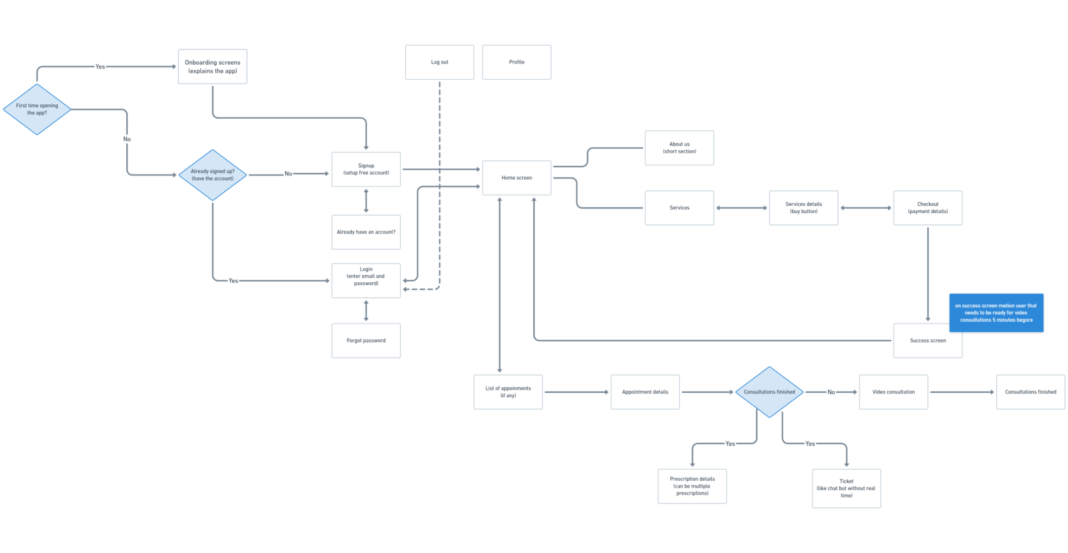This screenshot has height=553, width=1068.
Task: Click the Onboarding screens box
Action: tap(212, 67)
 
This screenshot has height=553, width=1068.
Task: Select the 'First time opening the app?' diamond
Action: tap(37, 109)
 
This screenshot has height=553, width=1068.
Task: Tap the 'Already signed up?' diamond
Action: tap(213, 175)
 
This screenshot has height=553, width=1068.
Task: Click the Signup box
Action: tap(366, 169)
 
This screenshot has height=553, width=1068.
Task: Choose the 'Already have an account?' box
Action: tap(366, 232)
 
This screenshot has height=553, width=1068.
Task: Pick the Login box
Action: tap(366, 280)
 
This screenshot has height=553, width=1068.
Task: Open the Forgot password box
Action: tap(366, 341)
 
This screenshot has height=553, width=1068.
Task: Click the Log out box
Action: tap(439, 62)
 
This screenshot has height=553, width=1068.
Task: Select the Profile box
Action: tap(516, 62)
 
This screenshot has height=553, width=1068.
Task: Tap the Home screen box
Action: tap(516, 178)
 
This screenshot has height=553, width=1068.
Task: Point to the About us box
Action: tap(679, 148)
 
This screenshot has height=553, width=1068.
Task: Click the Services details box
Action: tap(804, 208)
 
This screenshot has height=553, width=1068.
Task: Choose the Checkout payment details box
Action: tap(927, 208)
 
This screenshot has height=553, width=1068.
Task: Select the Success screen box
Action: tap(927, 341)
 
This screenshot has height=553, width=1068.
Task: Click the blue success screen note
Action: tap(996, 313)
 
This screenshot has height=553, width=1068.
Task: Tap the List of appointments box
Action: tap(508, 392)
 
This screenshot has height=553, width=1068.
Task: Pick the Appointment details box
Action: tap(645, 392)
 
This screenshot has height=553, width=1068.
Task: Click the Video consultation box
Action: tap(893, 392)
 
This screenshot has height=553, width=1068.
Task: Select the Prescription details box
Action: tap(692, 486)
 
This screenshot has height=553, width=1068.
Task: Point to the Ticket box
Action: tap(846, 488)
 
